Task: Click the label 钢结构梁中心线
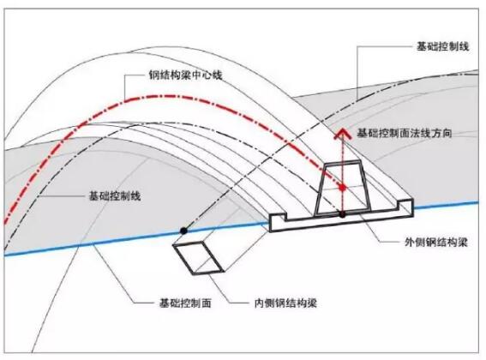185,75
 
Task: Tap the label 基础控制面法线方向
404,133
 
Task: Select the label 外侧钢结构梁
435,243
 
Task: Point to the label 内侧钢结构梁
285,303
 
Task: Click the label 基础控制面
185,303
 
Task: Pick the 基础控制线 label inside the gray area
115,196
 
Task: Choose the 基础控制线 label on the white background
442,46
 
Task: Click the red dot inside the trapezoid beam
342,188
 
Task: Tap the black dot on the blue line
183,231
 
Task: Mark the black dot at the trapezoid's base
342,214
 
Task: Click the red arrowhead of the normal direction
343,134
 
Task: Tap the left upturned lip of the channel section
279,217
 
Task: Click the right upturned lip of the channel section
405,204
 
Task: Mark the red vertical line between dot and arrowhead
343,162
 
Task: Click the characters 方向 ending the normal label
441,133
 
